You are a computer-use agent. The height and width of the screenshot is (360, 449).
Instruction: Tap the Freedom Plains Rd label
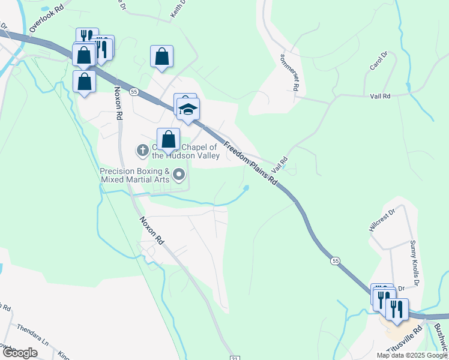pyautogui.click(x=252, y=163)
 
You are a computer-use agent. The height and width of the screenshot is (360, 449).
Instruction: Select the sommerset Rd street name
pyautogui.click(x=289, y=72)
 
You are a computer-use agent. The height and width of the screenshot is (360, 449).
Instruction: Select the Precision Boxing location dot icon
pyautogui.click(x=179, y=175)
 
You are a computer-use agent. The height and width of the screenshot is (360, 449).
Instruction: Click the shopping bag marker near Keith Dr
pyautogui.click(x=161, y=57)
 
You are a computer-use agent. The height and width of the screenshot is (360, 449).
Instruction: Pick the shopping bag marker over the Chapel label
pyautogui.click(x=169, y=140)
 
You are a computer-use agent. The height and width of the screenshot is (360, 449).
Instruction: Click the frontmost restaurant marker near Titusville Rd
pyautogui.click(x=397, y=310)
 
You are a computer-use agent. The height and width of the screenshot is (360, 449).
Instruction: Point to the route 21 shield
pyautogui.click(x=234, y=358)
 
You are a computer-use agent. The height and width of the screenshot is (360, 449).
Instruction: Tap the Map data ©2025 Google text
pyautogui.click(x=411, y=355)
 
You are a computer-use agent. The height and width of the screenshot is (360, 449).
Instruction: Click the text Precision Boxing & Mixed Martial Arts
pyautogui.click(x=135, y=175)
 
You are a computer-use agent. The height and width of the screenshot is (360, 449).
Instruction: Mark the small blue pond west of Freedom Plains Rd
pyautogui.click(x=246, y=190)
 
